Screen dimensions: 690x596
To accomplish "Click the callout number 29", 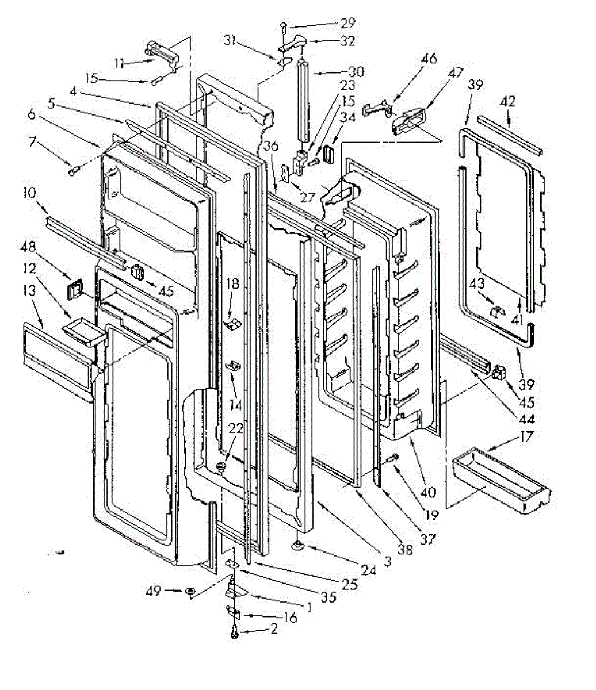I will coord(347,24).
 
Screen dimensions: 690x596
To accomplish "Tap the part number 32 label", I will coord(363,41).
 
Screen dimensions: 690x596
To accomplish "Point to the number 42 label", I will coord(509,102).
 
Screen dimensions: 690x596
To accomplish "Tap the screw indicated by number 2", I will coord(235,631).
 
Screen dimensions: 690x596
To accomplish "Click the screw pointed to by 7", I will coord(73,170).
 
